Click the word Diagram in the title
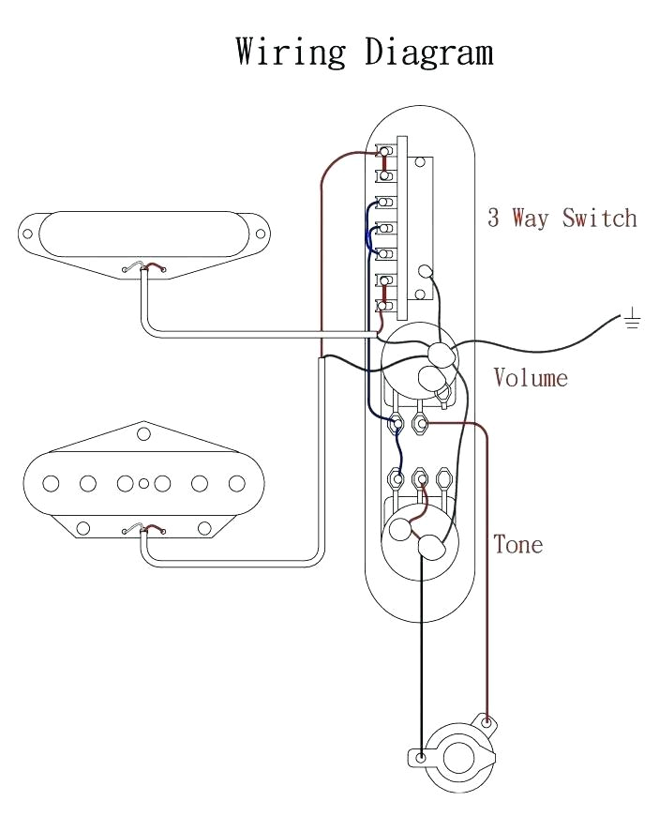[429, 53]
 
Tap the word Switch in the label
[599, 219]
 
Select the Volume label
[531, 378]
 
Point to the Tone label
[517, 544]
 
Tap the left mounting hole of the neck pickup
[28, 234]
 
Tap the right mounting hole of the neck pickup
[263, 234]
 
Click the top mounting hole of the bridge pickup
[143, 433]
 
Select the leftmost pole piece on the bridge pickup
[51, 484]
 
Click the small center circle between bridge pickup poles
[143, 484]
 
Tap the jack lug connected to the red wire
[486, 722]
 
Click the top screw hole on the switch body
[421, 162]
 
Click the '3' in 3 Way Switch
[493, 219]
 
